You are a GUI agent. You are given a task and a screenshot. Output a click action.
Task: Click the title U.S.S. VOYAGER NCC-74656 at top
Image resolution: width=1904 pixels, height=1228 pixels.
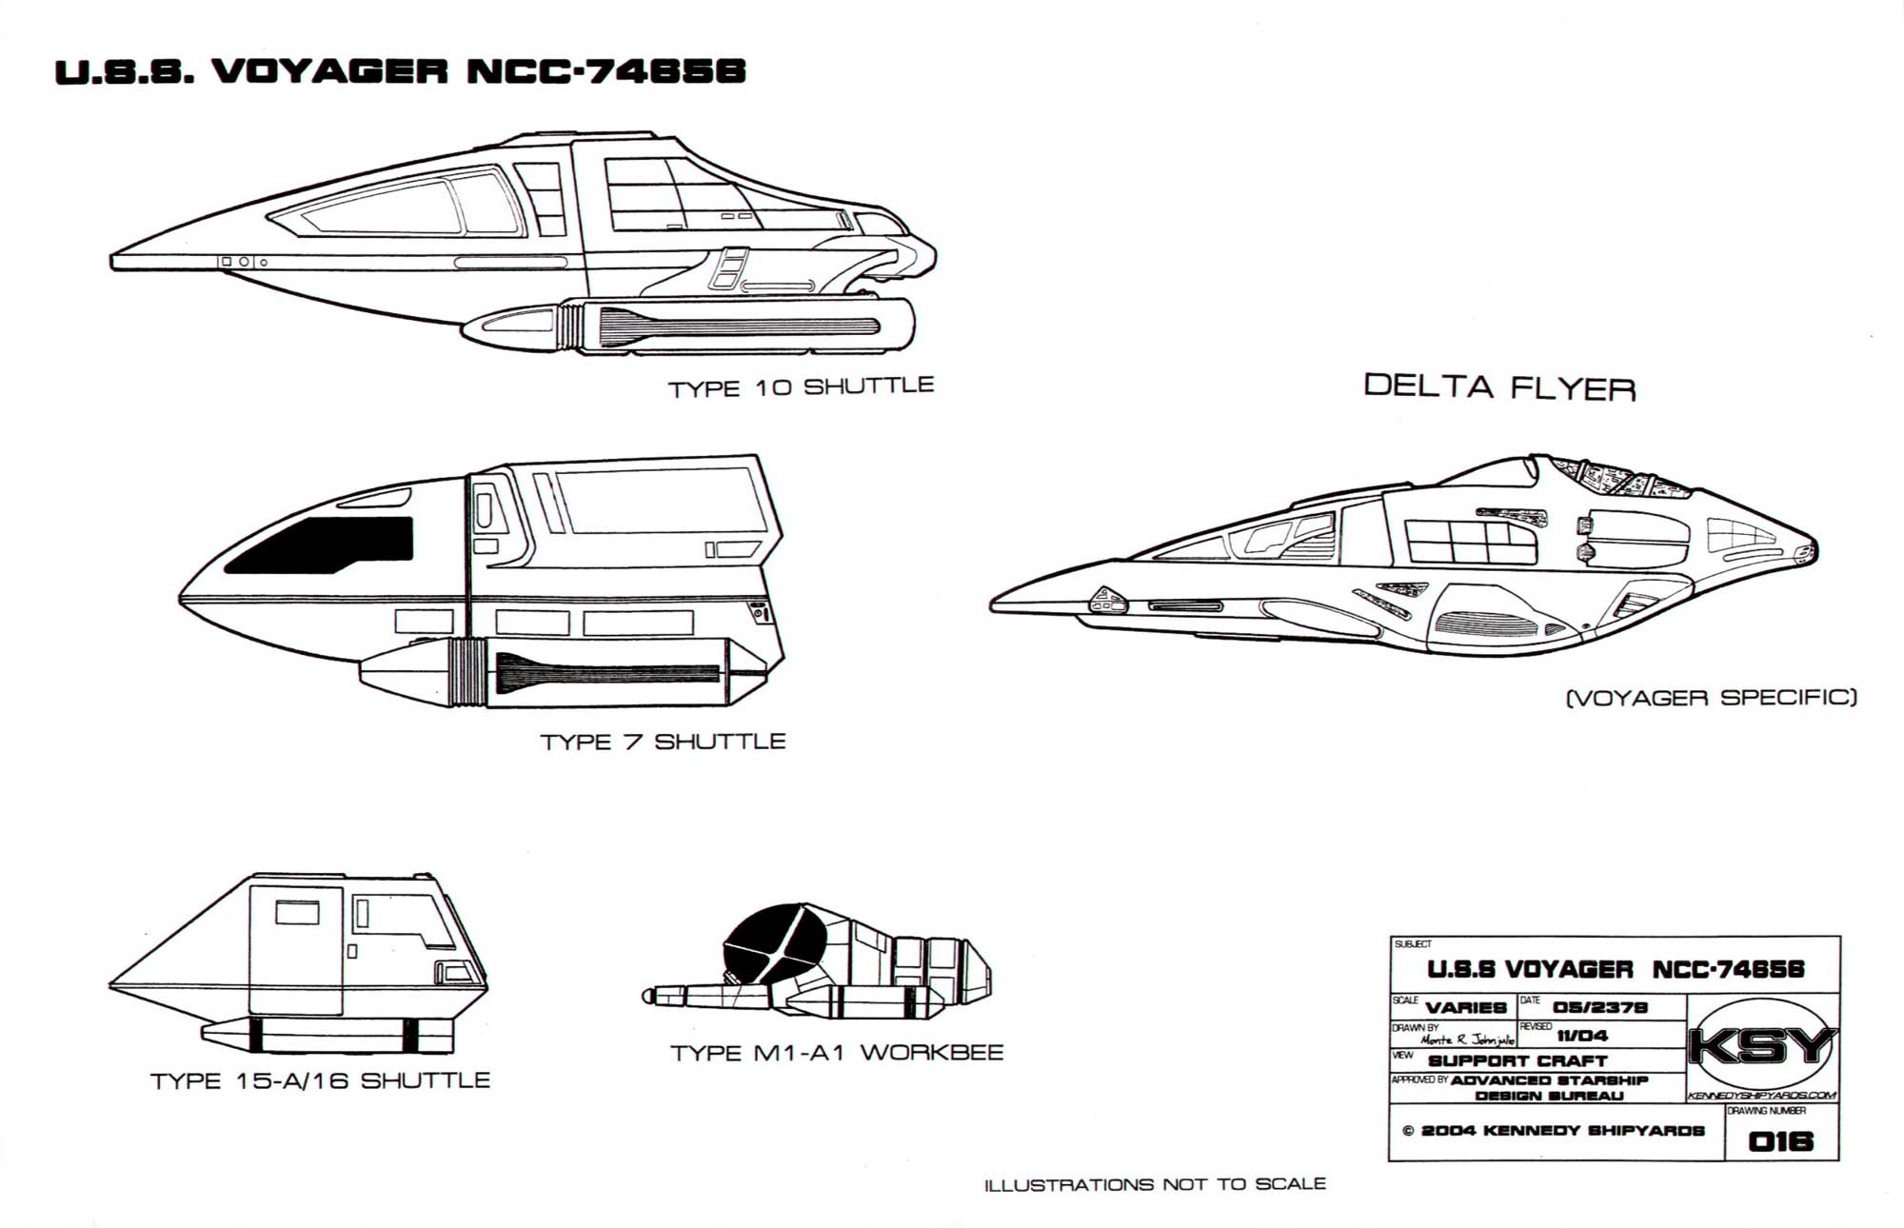click(x=400, y=72)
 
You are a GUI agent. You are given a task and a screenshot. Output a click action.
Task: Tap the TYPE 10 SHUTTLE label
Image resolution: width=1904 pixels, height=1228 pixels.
click(x=801, y=387)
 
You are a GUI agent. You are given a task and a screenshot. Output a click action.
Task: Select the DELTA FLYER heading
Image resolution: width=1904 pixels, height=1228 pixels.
click(x=1499, y=386)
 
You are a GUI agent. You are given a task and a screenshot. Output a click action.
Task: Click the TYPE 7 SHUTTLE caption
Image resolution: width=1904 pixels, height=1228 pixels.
click(x=663, y=742)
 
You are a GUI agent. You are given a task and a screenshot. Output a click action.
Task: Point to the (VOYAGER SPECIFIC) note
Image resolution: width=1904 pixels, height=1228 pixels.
click(x=1711, y=698)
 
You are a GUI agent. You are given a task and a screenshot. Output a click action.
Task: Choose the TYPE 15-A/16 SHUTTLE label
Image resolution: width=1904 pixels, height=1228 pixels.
click(x=320, y=1080)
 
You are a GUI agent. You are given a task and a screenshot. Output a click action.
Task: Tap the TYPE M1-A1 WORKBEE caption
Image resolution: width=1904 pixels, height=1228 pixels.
click(x=837, y=1053)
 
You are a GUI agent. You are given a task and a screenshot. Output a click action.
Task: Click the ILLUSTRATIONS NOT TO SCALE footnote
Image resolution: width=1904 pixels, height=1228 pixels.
click(x=1155, y=1184)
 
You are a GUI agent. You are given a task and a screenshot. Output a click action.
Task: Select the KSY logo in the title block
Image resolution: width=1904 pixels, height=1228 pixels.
click(x=1761, y=1047)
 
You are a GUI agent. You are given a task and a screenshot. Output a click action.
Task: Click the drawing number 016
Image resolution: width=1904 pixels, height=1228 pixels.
click(x=1781, y=1140)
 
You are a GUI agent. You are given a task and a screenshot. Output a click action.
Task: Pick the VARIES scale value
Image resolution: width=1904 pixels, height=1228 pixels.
click(x=1466, y=1008)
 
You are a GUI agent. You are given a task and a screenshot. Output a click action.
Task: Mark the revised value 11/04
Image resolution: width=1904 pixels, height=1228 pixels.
click(x=1582, y=1035)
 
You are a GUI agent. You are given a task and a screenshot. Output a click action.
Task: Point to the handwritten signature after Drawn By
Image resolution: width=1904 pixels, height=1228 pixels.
click(x=1467, y=1040)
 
